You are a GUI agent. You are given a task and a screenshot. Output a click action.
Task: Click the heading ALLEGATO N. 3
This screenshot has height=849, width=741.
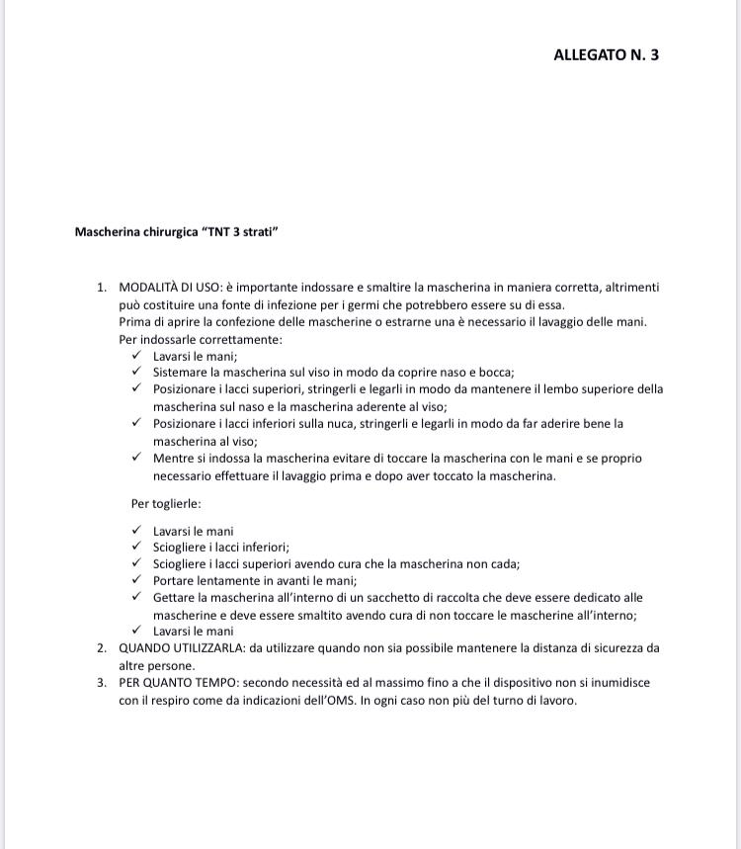pos(606,54)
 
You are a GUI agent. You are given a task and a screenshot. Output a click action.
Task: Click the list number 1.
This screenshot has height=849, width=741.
pos(101,288)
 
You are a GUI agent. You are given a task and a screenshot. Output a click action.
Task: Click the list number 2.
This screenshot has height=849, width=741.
pos(101,648)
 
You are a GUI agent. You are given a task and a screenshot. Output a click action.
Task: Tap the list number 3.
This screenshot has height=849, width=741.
pos(101,683)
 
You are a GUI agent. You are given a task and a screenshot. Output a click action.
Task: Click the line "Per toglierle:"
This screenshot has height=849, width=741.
pos(166,503)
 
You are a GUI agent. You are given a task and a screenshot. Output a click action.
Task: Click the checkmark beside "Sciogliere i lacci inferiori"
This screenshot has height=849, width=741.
pos(136,547)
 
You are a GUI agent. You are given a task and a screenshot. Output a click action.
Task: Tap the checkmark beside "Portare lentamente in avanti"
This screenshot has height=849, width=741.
pos(136,580)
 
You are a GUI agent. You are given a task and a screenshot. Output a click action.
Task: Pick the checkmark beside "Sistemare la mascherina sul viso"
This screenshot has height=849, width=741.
pos(136,372)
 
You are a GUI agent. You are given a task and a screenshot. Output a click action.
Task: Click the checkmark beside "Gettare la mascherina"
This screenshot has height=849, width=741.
pos(136,597)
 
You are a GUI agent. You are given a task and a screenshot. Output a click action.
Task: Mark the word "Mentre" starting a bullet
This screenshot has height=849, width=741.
pos(174,459)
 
